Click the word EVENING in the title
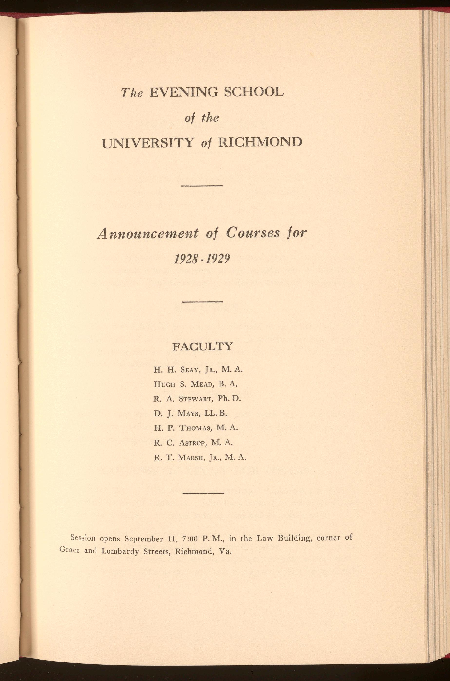(184, 92)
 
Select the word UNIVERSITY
(148, 142)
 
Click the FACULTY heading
(203, 347)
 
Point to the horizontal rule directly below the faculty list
(203, 494)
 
